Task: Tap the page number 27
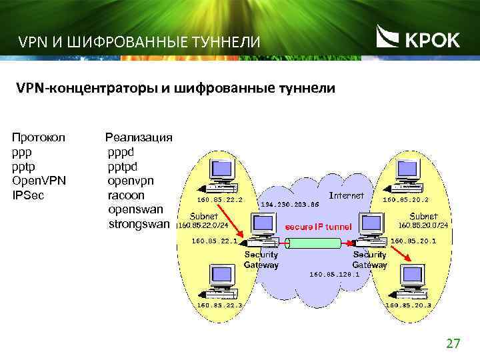453,344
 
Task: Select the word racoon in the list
126,195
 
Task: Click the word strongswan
139,225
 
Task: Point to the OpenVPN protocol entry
38,181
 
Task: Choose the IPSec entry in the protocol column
27,195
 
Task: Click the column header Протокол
39,137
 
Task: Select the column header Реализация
139,137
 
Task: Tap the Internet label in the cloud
347,196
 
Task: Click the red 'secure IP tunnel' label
319,227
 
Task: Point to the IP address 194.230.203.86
291,204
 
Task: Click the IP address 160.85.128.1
335,274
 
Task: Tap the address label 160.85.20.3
408,305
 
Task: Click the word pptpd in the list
125,166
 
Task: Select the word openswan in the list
135,210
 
